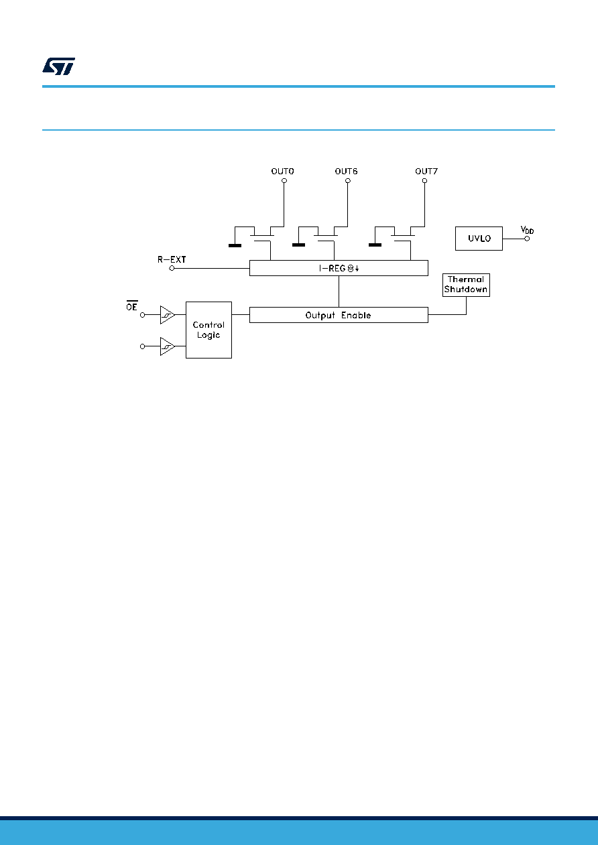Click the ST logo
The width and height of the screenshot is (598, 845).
point(58,66)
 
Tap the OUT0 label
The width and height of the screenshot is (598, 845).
point(282,172)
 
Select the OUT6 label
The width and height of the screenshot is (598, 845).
point(346,172)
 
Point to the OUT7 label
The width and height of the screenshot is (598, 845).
point(426,172)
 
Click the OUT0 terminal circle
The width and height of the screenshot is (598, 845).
point(284,181)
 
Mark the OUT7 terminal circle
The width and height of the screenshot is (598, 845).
point(424,181)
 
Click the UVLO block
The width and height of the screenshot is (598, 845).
point(479,239)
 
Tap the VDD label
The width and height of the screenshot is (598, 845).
point(527,230)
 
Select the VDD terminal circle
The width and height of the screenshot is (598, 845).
point(527,239)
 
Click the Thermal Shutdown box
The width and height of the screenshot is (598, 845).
point(466,285)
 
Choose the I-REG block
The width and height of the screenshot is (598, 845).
point(339,268)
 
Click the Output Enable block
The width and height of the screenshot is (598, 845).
point(339,315)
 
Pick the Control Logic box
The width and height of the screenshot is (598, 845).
point(208,330)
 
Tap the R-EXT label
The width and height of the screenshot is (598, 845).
point(172,259)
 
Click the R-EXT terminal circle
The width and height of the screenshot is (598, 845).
point(172,268)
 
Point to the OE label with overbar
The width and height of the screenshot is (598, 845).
point(131,306)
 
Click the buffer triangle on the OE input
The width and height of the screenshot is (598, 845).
point(167,314)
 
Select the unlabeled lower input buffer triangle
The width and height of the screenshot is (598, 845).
point(167,346)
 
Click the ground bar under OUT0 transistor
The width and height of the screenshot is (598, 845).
point(235,245)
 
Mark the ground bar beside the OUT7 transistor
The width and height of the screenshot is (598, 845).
point(375,245)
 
